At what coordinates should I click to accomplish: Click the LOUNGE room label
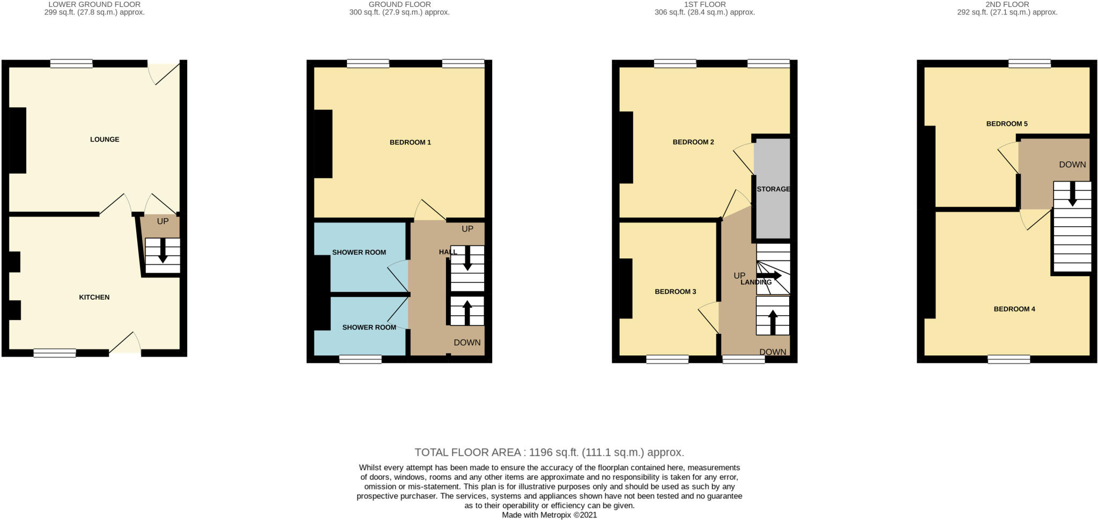pos(105,139)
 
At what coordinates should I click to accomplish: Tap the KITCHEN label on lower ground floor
pos(94,297)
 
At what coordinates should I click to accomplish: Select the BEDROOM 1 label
pos(410,142)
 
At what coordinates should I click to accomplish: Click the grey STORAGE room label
pos(773,189)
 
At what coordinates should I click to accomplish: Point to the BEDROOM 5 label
pos(1007,124)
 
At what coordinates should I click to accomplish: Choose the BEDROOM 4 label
pos(1014,309)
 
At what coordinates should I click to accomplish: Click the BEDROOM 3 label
pos(675,292)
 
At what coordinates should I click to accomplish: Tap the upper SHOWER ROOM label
pos(359,252)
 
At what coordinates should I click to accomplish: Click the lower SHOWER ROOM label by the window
pos(369,328)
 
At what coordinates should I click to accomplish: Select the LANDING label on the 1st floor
pos(756,282)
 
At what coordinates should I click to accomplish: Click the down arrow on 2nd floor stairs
pos(1072,194)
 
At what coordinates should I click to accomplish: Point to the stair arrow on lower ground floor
pos(163,251)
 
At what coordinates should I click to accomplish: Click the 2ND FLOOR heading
pos(1007,4)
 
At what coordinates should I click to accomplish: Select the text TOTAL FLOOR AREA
pos(467,452)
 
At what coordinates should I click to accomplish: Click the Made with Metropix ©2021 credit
pos(549,515)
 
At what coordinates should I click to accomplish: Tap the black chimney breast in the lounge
pos(18,140)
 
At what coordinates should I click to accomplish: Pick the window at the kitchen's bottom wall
pos(55,353)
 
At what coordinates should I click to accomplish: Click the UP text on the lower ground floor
pos(162,221)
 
